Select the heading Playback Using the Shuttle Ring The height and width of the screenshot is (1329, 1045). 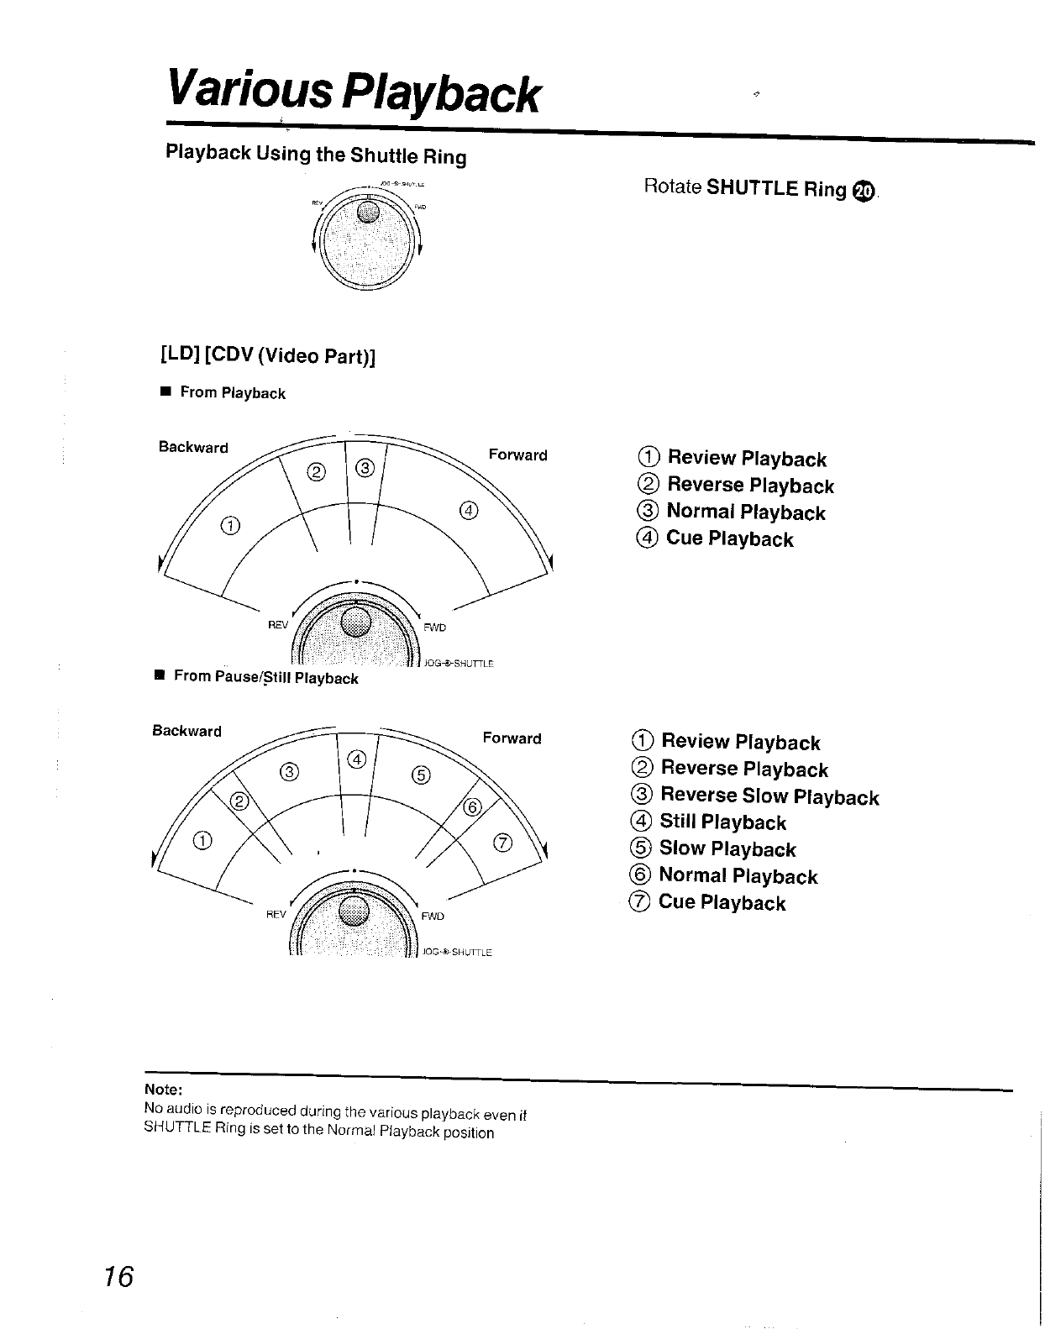(x=316, y=155)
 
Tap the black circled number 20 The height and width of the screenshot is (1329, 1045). (x=864, y=191)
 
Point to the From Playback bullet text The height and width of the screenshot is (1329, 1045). (x=233, y=393)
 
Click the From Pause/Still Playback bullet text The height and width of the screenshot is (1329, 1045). (x=265, y=678)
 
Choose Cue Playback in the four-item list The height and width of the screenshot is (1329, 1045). (x=728, y=538)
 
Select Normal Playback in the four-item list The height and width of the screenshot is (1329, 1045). (x=744, y=512)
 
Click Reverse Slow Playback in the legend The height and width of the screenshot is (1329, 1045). (x=769, y=796)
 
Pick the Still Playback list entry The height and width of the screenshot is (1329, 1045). (x=722, y=822)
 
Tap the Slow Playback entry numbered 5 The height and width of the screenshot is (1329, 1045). (x=727, y=848)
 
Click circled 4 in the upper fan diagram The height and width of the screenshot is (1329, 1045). (x=469, y=511)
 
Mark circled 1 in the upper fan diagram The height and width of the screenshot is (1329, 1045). (x=228, y=526)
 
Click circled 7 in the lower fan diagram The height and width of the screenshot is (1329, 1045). (x=502, y=843)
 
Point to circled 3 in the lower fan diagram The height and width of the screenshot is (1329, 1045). (x=288, y=771)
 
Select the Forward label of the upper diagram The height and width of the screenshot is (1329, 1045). (x=517, y=455)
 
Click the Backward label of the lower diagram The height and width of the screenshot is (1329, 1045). (x=186, y=731)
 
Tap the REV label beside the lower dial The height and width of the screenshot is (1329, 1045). (x=276, y=914)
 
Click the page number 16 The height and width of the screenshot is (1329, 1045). (x=119, y=1277)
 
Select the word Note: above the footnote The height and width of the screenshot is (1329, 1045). (x=163, y=1090)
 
